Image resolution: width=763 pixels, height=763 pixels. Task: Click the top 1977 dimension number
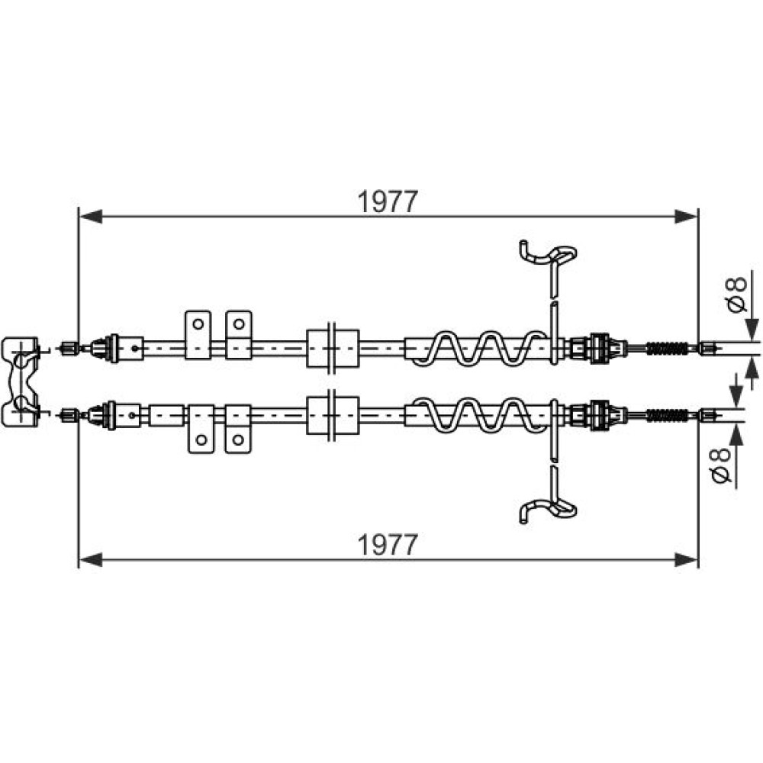tap(388, 201)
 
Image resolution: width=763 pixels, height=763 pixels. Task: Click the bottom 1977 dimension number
tap(388, 545)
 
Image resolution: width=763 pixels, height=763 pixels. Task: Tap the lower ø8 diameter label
tap(721, 465)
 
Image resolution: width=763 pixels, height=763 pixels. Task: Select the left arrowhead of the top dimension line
tap(91, 217)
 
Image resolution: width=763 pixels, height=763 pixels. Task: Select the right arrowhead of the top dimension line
tap(686, 217)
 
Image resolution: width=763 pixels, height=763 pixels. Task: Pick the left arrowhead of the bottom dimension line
tap(91, 559)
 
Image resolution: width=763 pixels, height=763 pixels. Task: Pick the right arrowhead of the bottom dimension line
tap(686, 559)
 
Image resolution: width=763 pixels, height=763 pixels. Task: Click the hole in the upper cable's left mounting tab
tap(198, 324)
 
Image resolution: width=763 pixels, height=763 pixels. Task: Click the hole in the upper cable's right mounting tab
tap(238, 324)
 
